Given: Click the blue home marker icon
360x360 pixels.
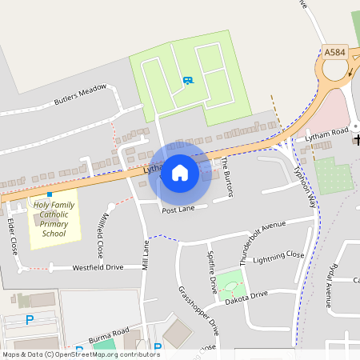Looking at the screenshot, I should click(x=180, y=173).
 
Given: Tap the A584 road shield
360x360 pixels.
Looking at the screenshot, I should click(x=335, y=52).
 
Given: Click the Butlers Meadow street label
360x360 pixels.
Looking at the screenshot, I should click(x=80, y=95).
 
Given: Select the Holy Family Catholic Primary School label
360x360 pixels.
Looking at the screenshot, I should click(x=54, y=219).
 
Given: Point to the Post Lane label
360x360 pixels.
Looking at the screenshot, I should click(x=178, y=210).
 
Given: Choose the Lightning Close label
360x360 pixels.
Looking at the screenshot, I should click(x=278, y=257).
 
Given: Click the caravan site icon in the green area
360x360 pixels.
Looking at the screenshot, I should click(x=187, y=80).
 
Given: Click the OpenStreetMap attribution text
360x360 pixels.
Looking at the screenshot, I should click(x=80, y=354).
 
